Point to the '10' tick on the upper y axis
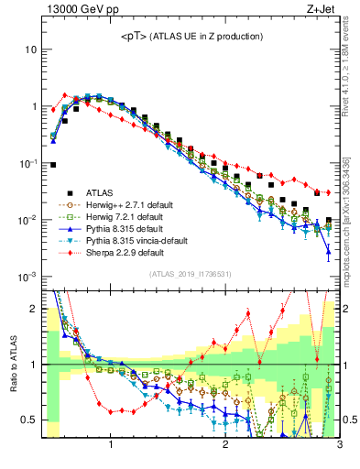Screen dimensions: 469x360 30,49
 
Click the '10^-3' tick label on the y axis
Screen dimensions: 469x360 27,277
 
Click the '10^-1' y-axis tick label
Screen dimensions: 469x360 27,163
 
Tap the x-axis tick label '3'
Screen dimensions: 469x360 338,446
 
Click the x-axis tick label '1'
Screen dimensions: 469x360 111,446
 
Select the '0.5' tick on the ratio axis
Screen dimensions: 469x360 28,420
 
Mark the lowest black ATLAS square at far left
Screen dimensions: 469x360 53,165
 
